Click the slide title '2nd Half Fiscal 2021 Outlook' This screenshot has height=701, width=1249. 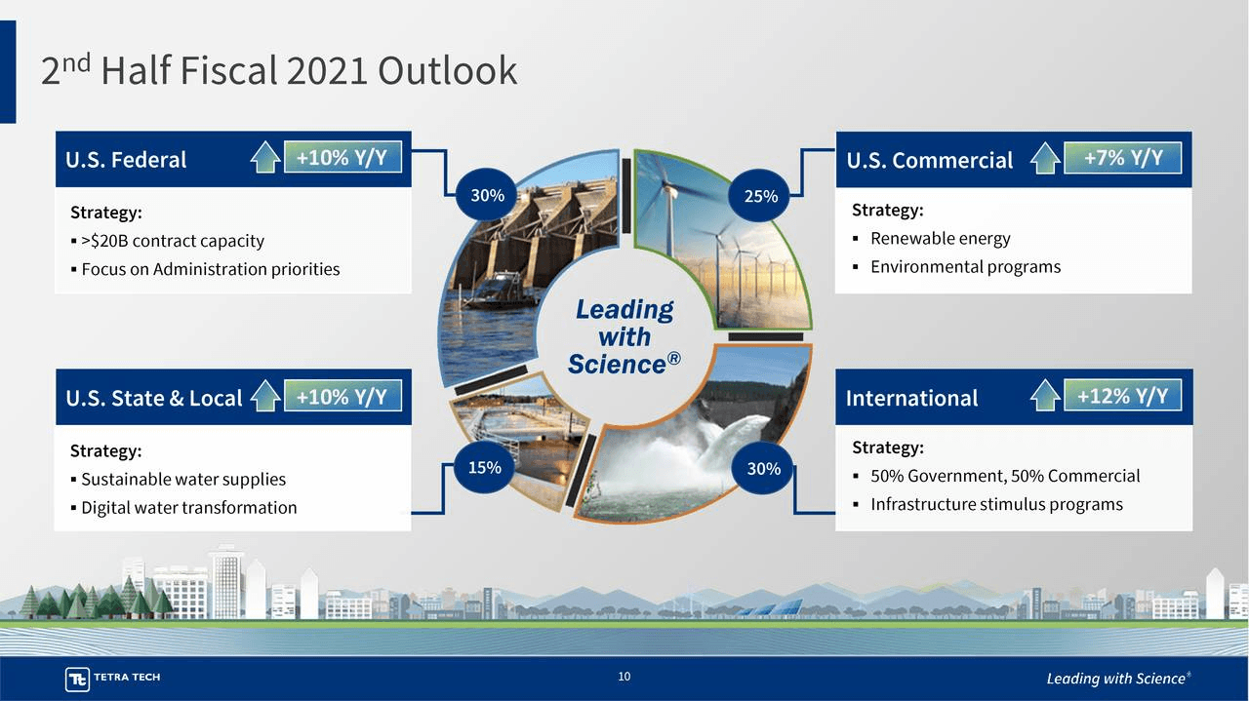coord(278,71)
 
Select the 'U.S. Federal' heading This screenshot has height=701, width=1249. coord(126,160)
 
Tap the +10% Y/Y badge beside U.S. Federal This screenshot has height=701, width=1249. coord(342,157)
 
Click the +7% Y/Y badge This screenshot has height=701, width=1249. coord(1122,158)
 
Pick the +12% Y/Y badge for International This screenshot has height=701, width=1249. coord(1122,395)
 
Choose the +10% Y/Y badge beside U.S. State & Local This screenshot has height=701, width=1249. coord(342,396)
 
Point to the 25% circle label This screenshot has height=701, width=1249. coord(761,196)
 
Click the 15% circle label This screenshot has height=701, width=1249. coord(485,467)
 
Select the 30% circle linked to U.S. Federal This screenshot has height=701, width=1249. coord(487,195)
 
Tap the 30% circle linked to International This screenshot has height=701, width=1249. coord(763,468)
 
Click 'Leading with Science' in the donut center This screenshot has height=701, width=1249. coord(624,336)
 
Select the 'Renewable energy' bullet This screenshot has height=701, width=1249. coord(940,239)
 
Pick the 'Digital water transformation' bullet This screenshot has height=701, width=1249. coord(188,507)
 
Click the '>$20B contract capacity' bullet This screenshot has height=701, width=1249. coord(172,241)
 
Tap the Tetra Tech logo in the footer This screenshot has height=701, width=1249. coord(113,678)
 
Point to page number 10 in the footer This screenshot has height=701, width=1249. coord(624,677)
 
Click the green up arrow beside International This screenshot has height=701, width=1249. coord(1045,396)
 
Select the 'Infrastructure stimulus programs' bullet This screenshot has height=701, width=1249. coord(995,504)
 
